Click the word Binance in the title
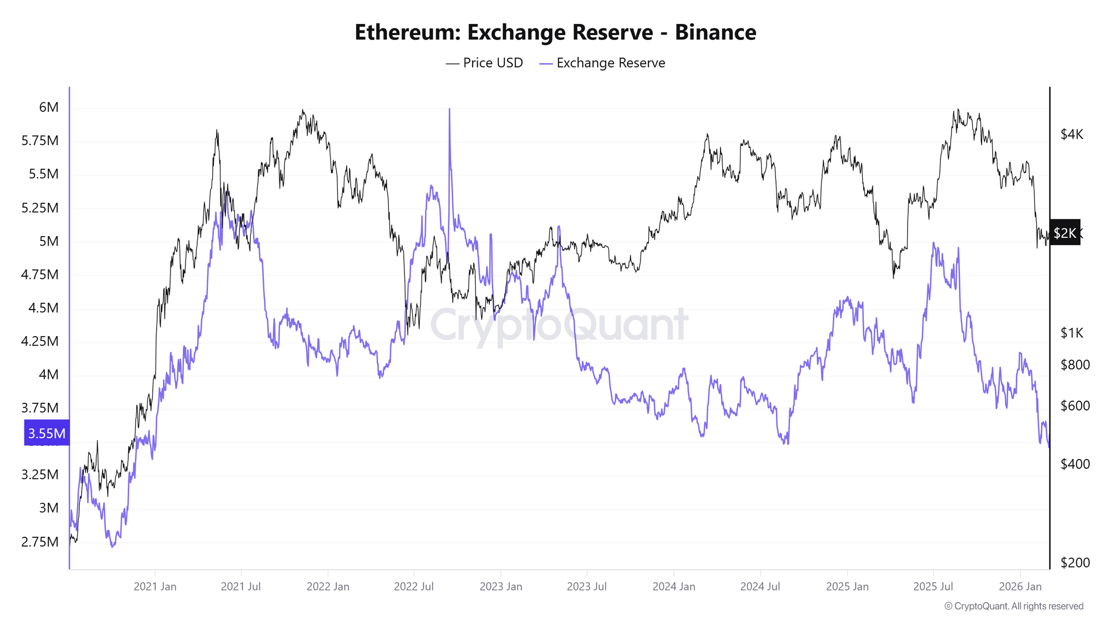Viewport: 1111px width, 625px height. click(715, 32)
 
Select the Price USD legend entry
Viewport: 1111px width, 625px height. click(484, 63)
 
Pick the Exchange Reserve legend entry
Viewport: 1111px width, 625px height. click(603, 63)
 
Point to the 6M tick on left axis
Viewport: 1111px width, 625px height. click(48, 107)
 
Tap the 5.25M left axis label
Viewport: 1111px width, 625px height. click(40, 208)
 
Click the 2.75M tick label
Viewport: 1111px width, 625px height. click(40, 542)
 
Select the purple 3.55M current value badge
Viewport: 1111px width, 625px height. click(47, 433)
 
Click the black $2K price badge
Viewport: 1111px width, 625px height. click(1064, 233)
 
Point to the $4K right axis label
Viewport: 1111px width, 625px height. click(1072, 134)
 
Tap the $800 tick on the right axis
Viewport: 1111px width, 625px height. click(1075, 364)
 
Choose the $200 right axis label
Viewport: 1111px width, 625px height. click(1075, 562)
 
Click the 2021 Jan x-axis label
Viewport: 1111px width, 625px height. click(155, 586)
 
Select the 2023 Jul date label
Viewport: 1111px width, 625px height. click(587, 586)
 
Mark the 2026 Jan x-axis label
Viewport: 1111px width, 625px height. click(1020, 586)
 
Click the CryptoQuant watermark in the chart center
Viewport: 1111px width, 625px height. click(559, 325)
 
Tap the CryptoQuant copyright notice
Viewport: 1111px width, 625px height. click(1014, 606)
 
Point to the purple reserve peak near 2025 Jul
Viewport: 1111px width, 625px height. click(934, 244)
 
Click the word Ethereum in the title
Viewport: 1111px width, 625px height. click(407, 32)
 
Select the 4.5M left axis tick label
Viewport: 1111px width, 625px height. click(43, 308)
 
